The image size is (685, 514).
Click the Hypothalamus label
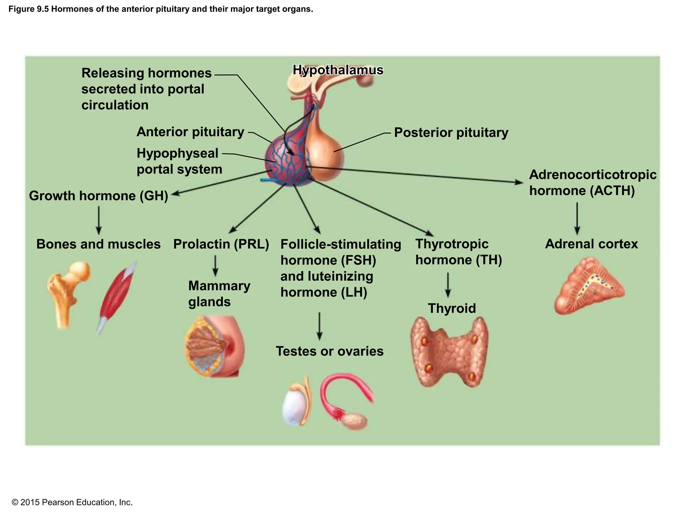point(338,70)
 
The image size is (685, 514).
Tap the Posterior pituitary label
point(451,133)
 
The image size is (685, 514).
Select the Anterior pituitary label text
point(190,132)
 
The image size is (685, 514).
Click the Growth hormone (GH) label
point(98,196)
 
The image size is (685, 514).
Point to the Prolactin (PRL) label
point(221,244)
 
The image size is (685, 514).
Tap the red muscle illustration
point(117,294)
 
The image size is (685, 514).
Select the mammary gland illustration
point(214,347)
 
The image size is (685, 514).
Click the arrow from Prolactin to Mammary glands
point(215,266)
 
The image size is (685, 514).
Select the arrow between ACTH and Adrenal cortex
point(577,218)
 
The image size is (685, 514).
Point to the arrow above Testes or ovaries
point(319,326)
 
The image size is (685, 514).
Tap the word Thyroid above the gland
point(452,308)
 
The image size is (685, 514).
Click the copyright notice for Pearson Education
point(72,502)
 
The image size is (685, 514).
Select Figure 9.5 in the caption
point(29,9)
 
